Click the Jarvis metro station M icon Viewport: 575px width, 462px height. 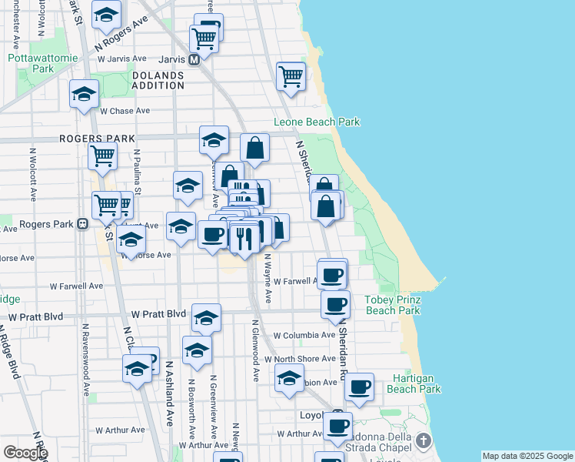pos(194,59)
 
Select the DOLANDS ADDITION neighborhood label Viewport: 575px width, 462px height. pos(158,80)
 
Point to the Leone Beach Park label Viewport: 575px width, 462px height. pos(317,122)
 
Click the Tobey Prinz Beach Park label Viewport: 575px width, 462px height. pos(392,304)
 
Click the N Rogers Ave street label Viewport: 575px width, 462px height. pos(121,35)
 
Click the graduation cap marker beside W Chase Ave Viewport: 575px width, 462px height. pos(84,94)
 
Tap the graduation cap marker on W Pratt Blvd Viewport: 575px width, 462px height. pos(206,316)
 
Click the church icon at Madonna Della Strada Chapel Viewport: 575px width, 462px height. pos(423,440)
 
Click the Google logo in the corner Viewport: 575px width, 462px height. pos(25,453)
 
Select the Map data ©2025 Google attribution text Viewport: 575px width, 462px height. pos(527,456)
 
